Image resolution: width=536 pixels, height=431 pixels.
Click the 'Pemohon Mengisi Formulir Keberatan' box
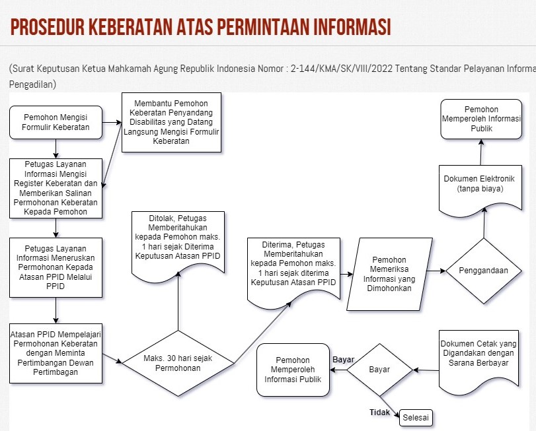pyautogui.click(x=56, y=122)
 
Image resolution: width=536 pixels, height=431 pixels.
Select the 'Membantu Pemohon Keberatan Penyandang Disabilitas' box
pyautogui.click(x=171, y=122)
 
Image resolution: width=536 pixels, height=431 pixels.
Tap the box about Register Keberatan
pyautogui.click(x=56, y=188)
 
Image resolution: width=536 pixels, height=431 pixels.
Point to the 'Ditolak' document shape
pyautogui.click(x=178, y=242)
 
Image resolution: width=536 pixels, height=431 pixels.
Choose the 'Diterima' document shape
pyautogui.click(x=293, y=268)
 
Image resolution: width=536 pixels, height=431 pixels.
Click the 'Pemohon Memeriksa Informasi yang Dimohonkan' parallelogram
pyautogui.click(x=389, y=273)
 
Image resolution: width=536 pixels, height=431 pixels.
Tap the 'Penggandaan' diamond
pyautogui.click(x=484, y=271)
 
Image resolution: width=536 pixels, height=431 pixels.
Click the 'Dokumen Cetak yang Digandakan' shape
pyautogui.click(x=478, y=357)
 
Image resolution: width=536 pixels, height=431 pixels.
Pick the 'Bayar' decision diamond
pyautogui.click(x=379, y=370)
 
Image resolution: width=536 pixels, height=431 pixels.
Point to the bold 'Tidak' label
pyautogui.click(x=379, y=413)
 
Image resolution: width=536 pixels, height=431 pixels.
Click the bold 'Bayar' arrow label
pyautogui.click(x=344, y=360)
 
